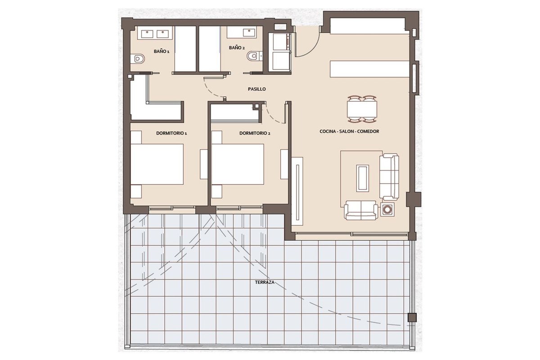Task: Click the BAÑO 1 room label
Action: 162,51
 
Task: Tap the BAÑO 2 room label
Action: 237,48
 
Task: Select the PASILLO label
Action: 257,89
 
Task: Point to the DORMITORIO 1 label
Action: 171,133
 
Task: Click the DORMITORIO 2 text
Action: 255,133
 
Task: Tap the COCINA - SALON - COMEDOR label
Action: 349,131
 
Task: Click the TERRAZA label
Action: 265,282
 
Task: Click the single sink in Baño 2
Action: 249,32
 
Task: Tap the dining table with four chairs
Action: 362,109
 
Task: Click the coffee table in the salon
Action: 363,178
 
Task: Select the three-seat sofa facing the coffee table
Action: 389,177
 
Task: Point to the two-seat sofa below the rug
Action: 361,210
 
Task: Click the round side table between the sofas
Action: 387,209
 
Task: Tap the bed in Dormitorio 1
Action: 157,164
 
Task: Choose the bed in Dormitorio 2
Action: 238,164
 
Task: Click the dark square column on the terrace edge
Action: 412,317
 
